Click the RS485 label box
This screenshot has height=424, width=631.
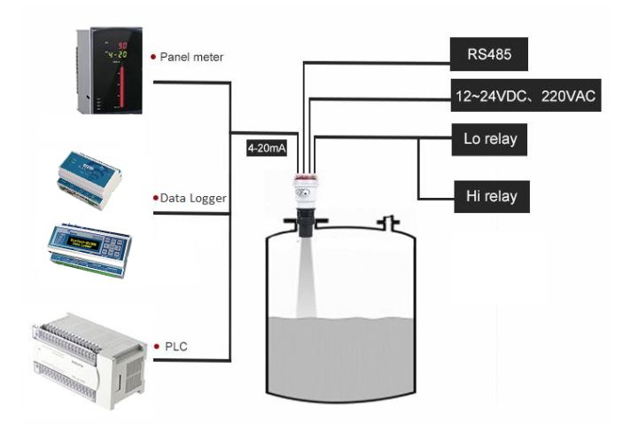(490, 54)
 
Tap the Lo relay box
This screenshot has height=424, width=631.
(490, 139)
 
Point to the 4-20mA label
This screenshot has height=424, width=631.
(267, 148)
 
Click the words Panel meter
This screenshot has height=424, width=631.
(192, 58)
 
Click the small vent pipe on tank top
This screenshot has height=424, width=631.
(387, 220)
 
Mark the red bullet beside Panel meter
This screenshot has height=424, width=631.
(153, 58)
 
